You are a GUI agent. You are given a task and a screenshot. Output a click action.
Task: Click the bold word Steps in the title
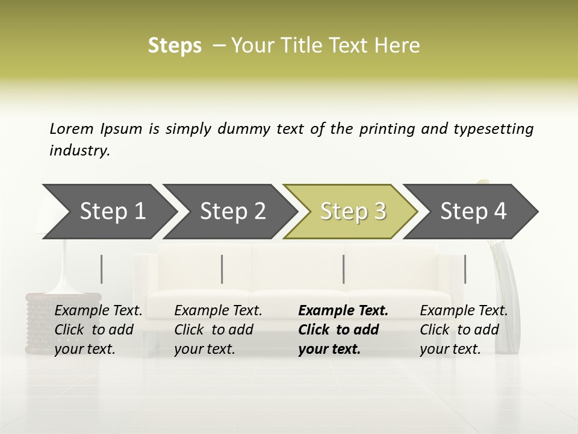[x=175, y=46]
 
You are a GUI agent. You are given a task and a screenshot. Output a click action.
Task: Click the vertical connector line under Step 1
[x=102, y=269]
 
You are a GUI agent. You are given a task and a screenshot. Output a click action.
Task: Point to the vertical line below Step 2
[x=222, y=269]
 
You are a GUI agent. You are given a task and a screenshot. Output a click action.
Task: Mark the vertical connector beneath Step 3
[x=344, y=269]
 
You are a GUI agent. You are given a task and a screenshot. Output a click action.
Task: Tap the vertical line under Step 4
[x=465, y=269]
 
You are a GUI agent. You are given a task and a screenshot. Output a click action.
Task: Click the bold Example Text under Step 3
[x=343, y=311]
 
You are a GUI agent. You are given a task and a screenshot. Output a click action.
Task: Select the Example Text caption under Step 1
[x=98, y=311]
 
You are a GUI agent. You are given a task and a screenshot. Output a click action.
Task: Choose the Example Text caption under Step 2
[x=218, y=311]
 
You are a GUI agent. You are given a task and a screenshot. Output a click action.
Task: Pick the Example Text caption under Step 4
[x=464, y=311]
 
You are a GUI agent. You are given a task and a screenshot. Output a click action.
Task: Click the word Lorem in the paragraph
[x=72, y=129]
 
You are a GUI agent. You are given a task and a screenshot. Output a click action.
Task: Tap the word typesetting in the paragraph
[x=493, y=129]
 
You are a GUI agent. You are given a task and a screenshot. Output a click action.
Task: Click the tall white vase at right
[x=503, y=301]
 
